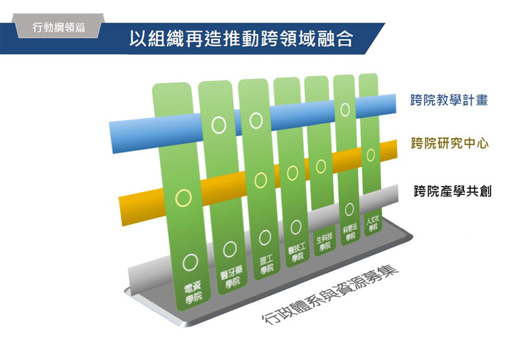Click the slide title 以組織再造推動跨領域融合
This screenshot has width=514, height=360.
[x=241, y=40]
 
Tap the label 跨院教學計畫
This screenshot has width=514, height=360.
[x=449, y=101]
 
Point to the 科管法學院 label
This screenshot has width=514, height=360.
[x=351, y=232]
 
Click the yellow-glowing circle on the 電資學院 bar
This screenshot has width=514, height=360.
[x=185, y=195]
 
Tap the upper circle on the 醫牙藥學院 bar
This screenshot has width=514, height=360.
[x=219, y=123]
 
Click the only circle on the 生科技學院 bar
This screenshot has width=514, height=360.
[x=321, y=166]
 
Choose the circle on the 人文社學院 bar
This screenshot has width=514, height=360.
[x=371, y=154]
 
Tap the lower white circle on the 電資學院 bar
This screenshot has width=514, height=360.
[x=190, y=261]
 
